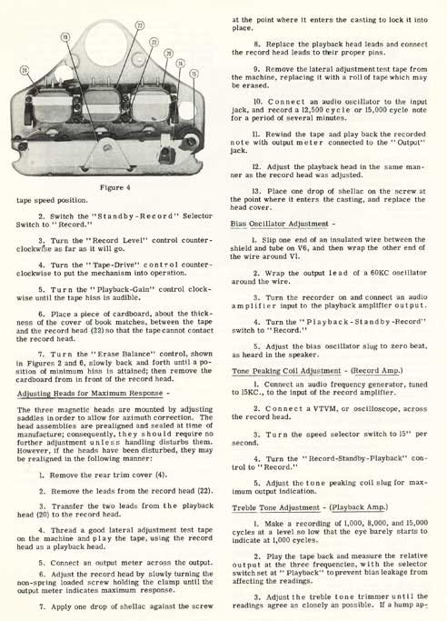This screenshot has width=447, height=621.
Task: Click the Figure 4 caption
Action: point(114,187)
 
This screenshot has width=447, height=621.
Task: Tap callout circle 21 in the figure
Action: point(25,71)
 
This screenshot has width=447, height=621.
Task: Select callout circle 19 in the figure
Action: point(65,37)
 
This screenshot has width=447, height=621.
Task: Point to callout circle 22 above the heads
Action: point(140,25)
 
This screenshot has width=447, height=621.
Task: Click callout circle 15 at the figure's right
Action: point(194,74)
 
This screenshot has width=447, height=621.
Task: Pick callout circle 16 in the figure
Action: point(181,64)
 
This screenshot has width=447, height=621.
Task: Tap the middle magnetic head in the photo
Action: point(104,104)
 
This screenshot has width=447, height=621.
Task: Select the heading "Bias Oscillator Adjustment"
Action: point(279,225)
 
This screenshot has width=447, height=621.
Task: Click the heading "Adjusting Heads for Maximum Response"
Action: point(90,394)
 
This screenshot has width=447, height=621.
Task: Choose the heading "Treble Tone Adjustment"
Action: point(275,507)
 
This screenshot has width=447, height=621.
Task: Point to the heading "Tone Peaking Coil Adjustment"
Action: point(286,371)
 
